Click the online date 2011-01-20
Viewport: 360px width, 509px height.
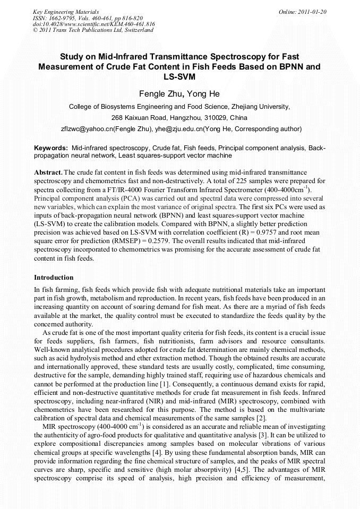311,11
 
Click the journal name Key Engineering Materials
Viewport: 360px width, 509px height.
66,11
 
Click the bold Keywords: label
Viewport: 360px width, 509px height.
51,148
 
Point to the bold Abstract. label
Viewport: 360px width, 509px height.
48,173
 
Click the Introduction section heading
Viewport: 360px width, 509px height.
54,277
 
